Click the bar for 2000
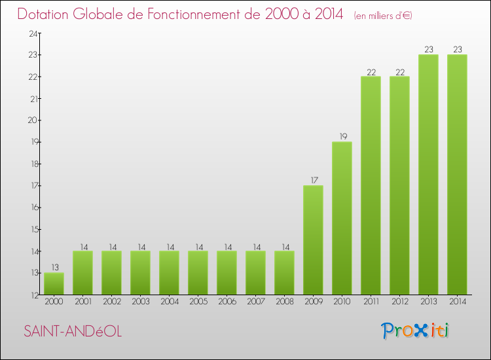pos(54,283)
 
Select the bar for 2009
pos(313,240)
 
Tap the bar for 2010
pos(342,218)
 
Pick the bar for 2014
pos(457,175)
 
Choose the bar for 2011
pos(371,185)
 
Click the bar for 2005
pos(198,273)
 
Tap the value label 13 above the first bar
pos(54,267)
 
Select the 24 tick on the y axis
pos(31,33)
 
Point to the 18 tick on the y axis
pos(31,164)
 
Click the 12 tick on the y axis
pos(31,295)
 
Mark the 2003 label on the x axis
pos(140,302)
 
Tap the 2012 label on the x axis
pos(399,302)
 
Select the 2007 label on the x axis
pos(255,302)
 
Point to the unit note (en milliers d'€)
pos(383,15)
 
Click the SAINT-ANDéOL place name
pos(73,331)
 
